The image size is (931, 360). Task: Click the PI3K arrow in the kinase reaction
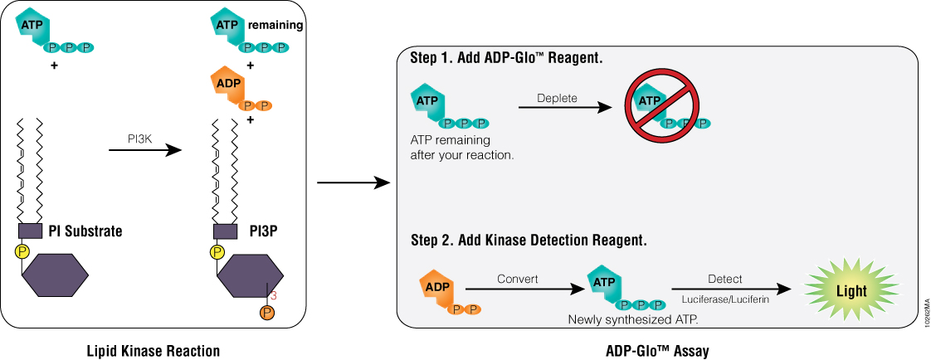click(144, 150)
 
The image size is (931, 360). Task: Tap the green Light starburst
click(851, 291)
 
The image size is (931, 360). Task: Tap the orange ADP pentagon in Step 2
click(436, 286)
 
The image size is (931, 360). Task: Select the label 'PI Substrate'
click(87, 231)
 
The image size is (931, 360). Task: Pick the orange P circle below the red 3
click(266, 313)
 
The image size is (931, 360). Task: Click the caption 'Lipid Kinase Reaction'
click(154, 351)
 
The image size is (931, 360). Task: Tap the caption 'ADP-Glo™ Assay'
click(657, 351)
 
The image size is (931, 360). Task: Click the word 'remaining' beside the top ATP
click(275, 25)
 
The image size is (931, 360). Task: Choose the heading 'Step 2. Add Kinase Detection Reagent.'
click(529, 241)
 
